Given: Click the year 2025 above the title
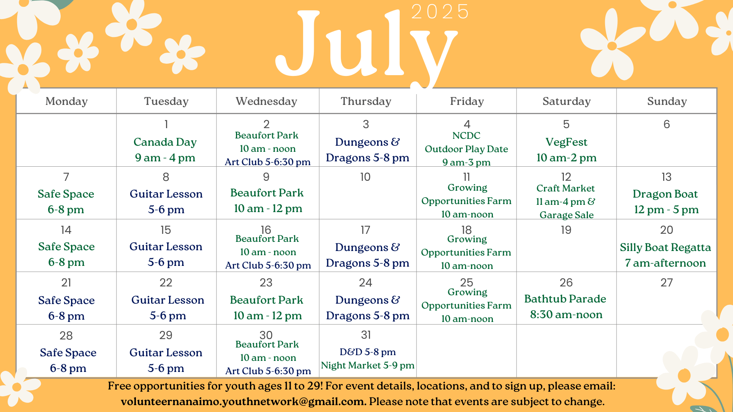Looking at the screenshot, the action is [x=440, y=11].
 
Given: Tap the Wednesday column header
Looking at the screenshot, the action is [x=266, y=101].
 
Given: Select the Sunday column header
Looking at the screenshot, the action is [x=667, y=101].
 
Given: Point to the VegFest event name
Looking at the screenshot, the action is [x=567, y=142].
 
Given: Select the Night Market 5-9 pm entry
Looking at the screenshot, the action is [x=368, y=365].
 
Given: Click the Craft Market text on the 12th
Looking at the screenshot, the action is [x=565, y=188].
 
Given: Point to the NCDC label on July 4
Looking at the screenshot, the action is [x=466, y=135].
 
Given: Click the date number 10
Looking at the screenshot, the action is [x=365, y=177].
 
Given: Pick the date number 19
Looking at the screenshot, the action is [x=566, y=230].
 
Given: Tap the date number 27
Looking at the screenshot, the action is [x=667, y=283].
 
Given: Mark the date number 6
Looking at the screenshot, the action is [x=667, y=124].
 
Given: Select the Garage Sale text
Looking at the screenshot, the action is [x=567, y=215].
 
